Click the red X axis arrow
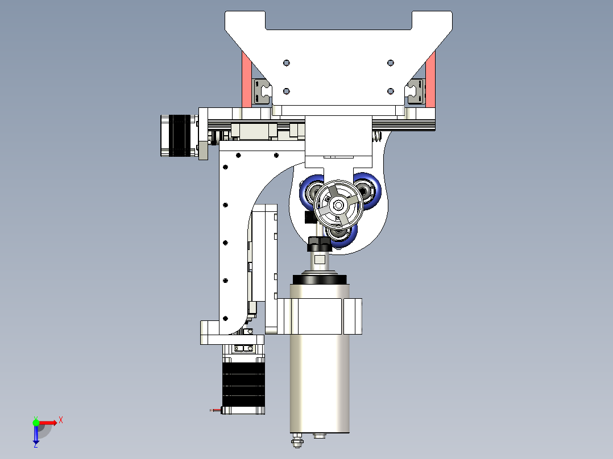click(50, 422)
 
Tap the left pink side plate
click(247, 80)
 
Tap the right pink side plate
click(430, 80)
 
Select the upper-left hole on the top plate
click(286, 62)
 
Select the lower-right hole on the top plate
click(390, 91)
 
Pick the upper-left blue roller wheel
click(311, 189)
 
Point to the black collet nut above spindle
click(319, 244)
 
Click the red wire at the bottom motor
click(216, 410)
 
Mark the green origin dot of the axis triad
click(36, 422)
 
